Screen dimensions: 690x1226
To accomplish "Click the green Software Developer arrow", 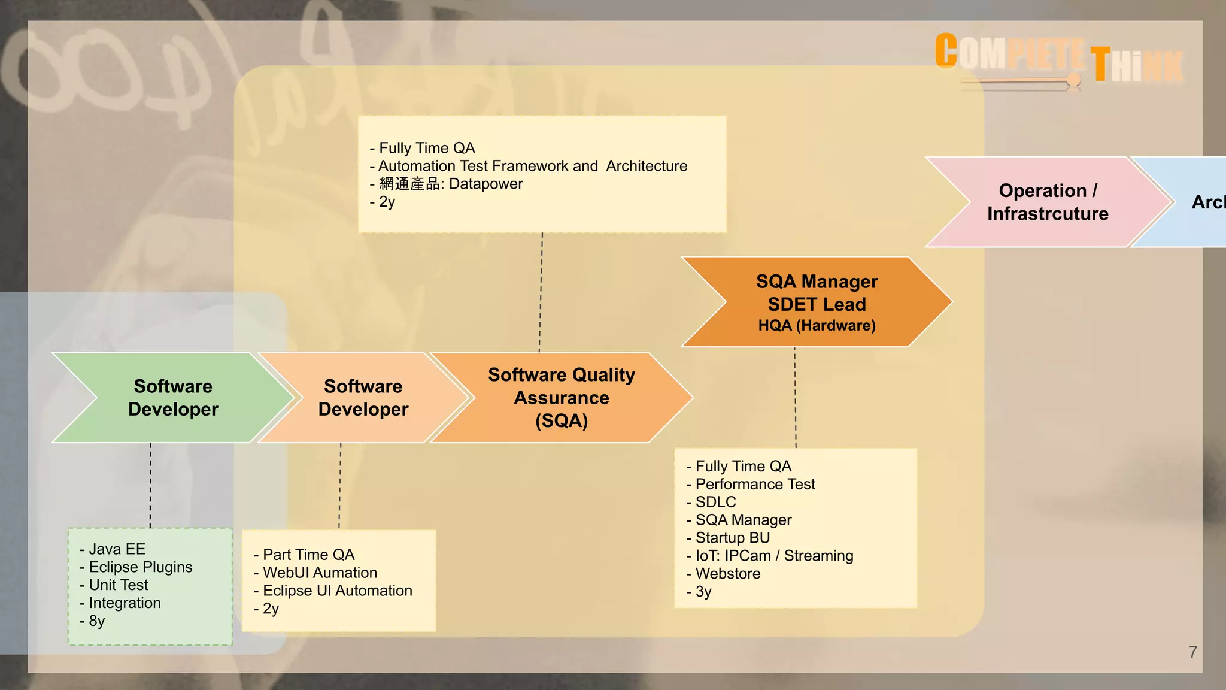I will coord(172,398).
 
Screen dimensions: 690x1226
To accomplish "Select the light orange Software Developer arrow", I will coord(363,398).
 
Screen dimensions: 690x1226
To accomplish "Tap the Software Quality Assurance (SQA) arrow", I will coord(561,398).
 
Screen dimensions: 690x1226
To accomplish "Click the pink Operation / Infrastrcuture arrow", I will coord(1047,202).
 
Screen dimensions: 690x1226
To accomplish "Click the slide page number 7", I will coord(1192,652).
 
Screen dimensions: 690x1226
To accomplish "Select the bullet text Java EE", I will coord(117,549).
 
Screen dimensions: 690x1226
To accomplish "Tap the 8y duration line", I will coord(96,621).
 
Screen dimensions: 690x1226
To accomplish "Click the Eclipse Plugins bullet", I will coord(140,567).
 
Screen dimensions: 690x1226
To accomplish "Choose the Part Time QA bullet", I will coord(308,555).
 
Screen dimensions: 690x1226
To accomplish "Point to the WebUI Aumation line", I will coord(320,573).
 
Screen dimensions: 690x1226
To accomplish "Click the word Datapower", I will coord(485,184).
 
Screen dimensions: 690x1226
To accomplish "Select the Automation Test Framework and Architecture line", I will coord(532,166).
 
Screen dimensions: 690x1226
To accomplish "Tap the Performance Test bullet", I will coord(755,484).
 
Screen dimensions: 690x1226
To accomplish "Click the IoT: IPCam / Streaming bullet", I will coord(774,556).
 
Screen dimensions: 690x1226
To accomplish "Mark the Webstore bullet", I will coord(727,574).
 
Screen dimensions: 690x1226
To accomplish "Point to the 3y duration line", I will coord(703,592).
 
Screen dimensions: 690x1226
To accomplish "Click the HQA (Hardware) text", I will coord(817,326).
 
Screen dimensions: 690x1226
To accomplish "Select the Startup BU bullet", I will coord(732,538).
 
